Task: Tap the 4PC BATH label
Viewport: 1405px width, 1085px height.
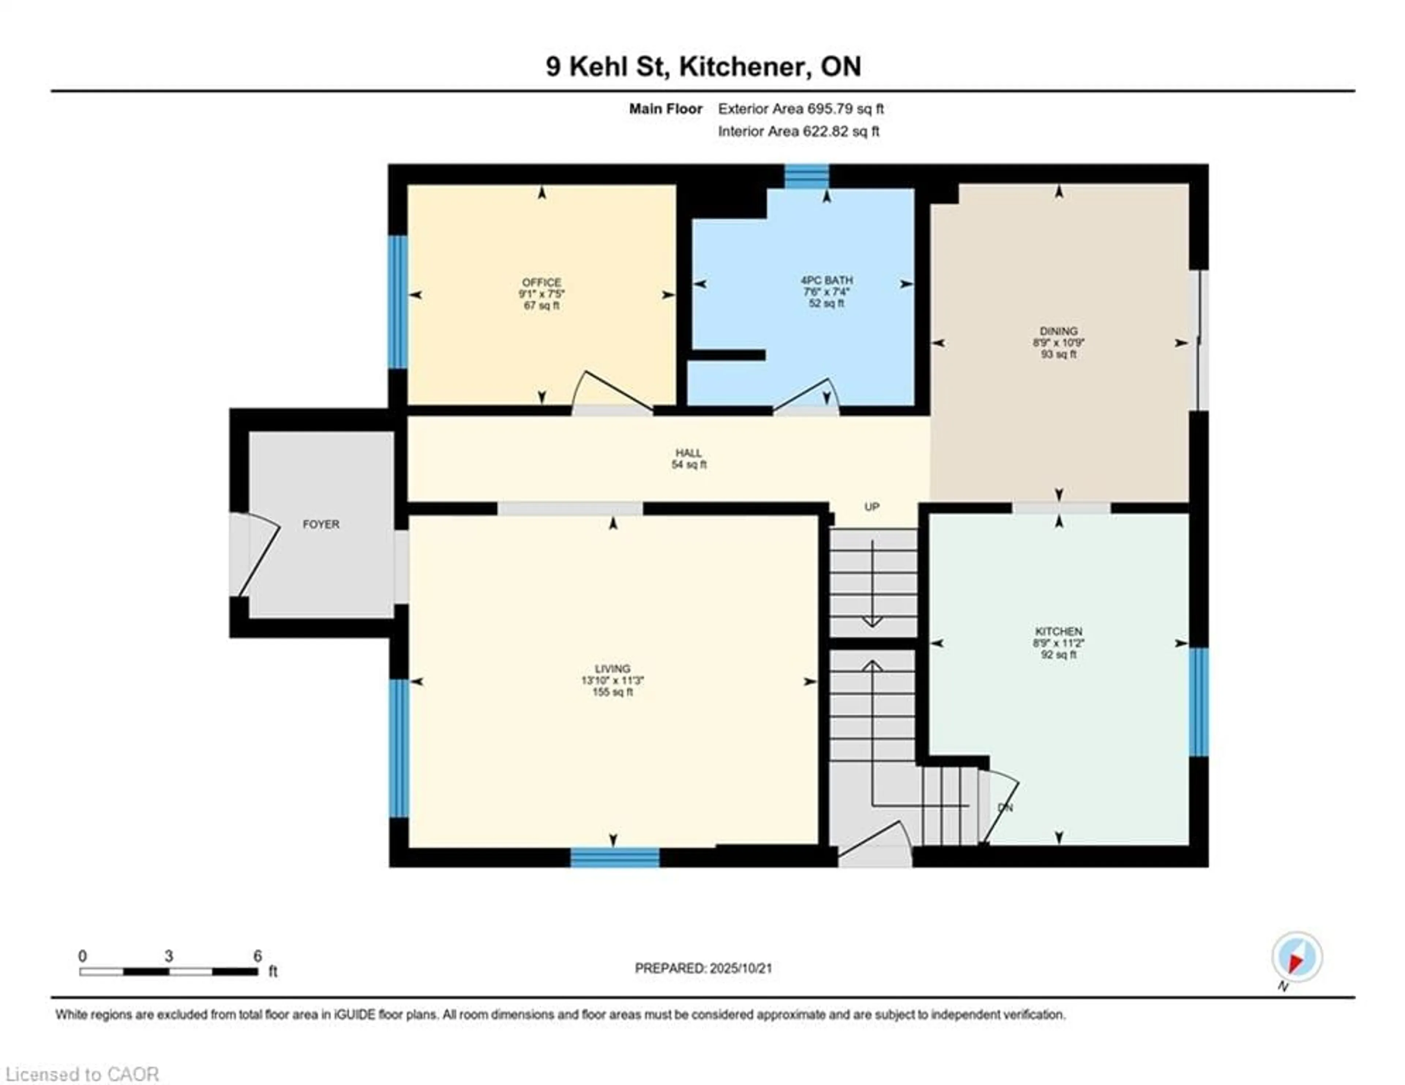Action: click(x=827, y=280)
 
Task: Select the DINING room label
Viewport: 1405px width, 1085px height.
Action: click(x=1058, y=331)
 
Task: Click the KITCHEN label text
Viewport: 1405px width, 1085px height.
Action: click(x=1058, y=631)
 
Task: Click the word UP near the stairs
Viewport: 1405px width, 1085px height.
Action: click(x=872, y=507)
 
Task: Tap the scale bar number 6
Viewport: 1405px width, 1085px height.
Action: click(x=257, y=956)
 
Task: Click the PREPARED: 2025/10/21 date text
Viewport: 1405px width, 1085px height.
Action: click(x=703, y=968)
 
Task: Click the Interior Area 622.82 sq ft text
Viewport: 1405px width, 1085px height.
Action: click(x=798, y=131)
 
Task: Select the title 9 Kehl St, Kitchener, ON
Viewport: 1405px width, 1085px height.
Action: click(x=703, y=66)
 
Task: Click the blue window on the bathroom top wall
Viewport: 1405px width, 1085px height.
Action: click(x=806, y=176)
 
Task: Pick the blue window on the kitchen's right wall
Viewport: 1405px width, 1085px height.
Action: click(x=1198, y=701)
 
